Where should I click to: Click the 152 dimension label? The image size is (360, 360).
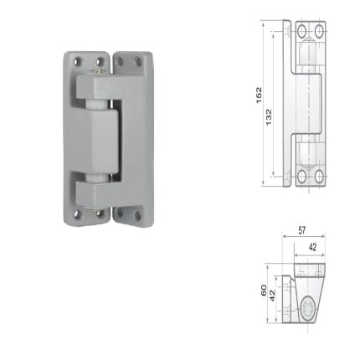pos(259,95)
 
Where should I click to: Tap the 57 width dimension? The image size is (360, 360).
pos(302,229)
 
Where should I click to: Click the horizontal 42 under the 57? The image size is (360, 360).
pos(312,247)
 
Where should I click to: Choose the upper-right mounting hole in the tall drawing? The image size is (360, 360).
pos(318,31)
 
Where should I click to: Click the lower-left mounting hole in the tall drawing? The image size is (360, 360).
pos(302,175)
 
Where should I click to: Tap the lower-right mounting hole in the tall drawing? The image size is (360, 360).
pos(319,175)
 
